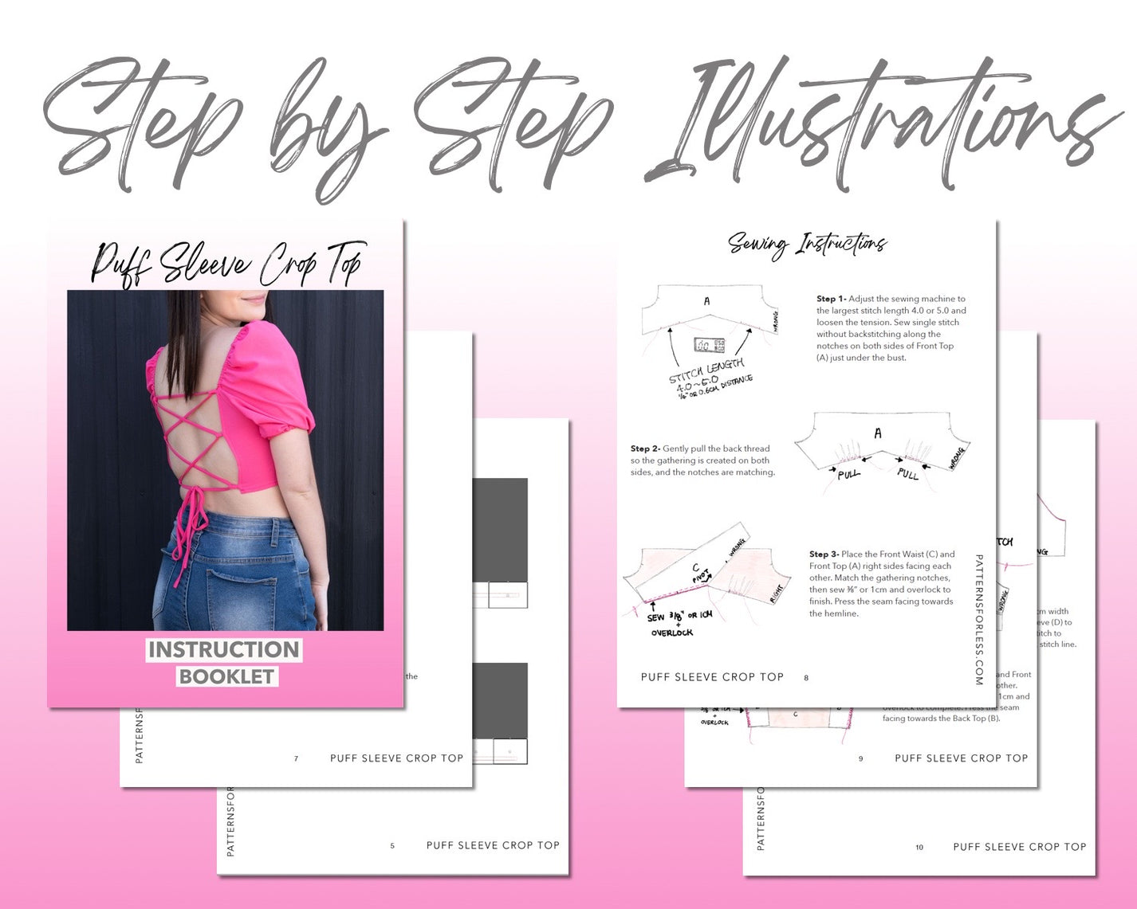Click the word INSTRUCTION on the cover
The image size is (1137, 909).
click(223, 650)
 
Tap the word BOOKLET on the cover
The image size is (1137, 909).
click(226, 676)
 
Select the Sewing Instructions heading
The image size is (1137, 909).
click(807, 244)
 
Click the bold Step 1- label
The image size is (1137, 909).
click(832, 299)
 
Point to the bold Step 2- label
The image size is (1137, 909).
click(645, 449)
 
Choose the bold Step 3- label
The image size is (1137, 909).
click(824, 554)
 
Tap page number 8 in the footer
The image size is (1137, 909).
click(806, 678)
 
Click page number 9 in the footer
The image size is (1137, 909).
click(860, 759)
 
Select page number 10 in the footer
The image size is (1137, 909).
click(919, 848)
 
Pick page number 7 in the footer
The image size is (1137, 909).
click(296, 759)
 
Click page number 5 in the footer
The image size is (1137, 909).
click(392, 846)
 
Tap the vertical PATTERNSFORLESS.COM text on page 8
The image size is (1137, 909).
click(979, 620)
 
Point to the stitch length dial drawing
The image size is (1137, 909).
click(709, 345)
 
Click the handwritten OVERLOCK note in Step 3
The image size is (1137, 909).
click(672, 633)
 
